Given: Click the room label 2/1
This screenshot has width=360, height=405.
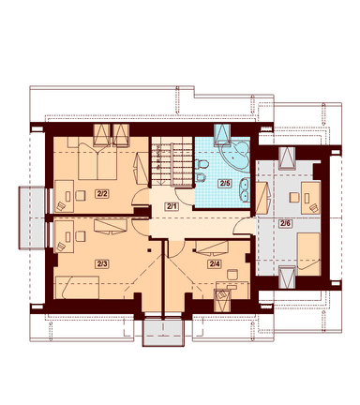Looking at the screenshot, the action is (x=172, y=206).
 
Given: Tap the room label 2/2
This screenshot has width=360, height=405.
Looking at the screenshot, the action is (x=102, y=194).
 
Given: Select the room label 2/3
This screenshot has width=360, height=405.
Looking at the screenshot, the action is (x=102, y=264).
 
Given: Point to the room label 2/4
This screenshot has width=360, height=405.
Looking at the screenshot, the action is (x=214, y=264).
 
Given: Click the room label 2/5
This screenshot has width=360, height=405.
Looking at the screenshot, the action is (x=225, y=184).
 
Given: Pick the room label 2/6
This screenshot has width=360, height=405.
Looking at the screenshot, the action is (x=285, y=223).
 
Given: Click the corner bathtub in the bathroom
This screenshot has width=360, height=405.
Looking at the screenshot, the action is (x=234, y=155).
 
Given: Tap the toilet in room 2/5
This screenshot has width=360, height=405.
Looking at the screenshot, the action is (x=202, y=164).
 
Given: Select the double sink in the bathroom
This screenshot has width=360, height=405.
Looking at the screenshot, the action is (x=245, y=189).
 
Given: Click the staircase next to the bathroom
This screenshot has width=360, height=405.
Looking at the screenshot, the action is (x=172, y=162).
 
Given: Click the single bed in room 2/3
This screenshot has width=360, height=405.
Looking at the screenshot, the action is (x=77, y=287).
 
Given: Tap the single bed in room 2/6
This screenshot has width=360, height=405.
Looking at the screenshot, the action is (x=308, y=254).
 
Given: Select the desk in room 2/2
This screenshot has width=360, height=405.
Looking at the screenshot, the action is (x=64, y=196).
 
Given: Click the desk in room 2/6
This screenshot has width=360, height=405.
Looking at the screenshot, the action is (x=310, y=198).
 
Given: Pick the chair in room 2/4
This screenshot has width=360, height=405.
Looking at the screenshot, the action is (x=232, y=275).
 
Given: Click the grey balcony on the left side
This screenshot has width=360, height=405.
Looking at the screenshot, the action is (x=32, y=217).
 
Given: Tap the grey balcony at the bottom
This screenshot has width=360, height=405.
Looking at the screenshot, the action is (x=163, y=331).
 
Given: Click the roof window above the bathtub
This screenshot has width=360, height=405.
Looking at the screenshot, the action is (x=222, y=134).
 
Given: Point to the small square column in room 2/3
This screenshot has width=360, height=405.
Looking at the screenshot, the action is (x=149, y=250).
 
